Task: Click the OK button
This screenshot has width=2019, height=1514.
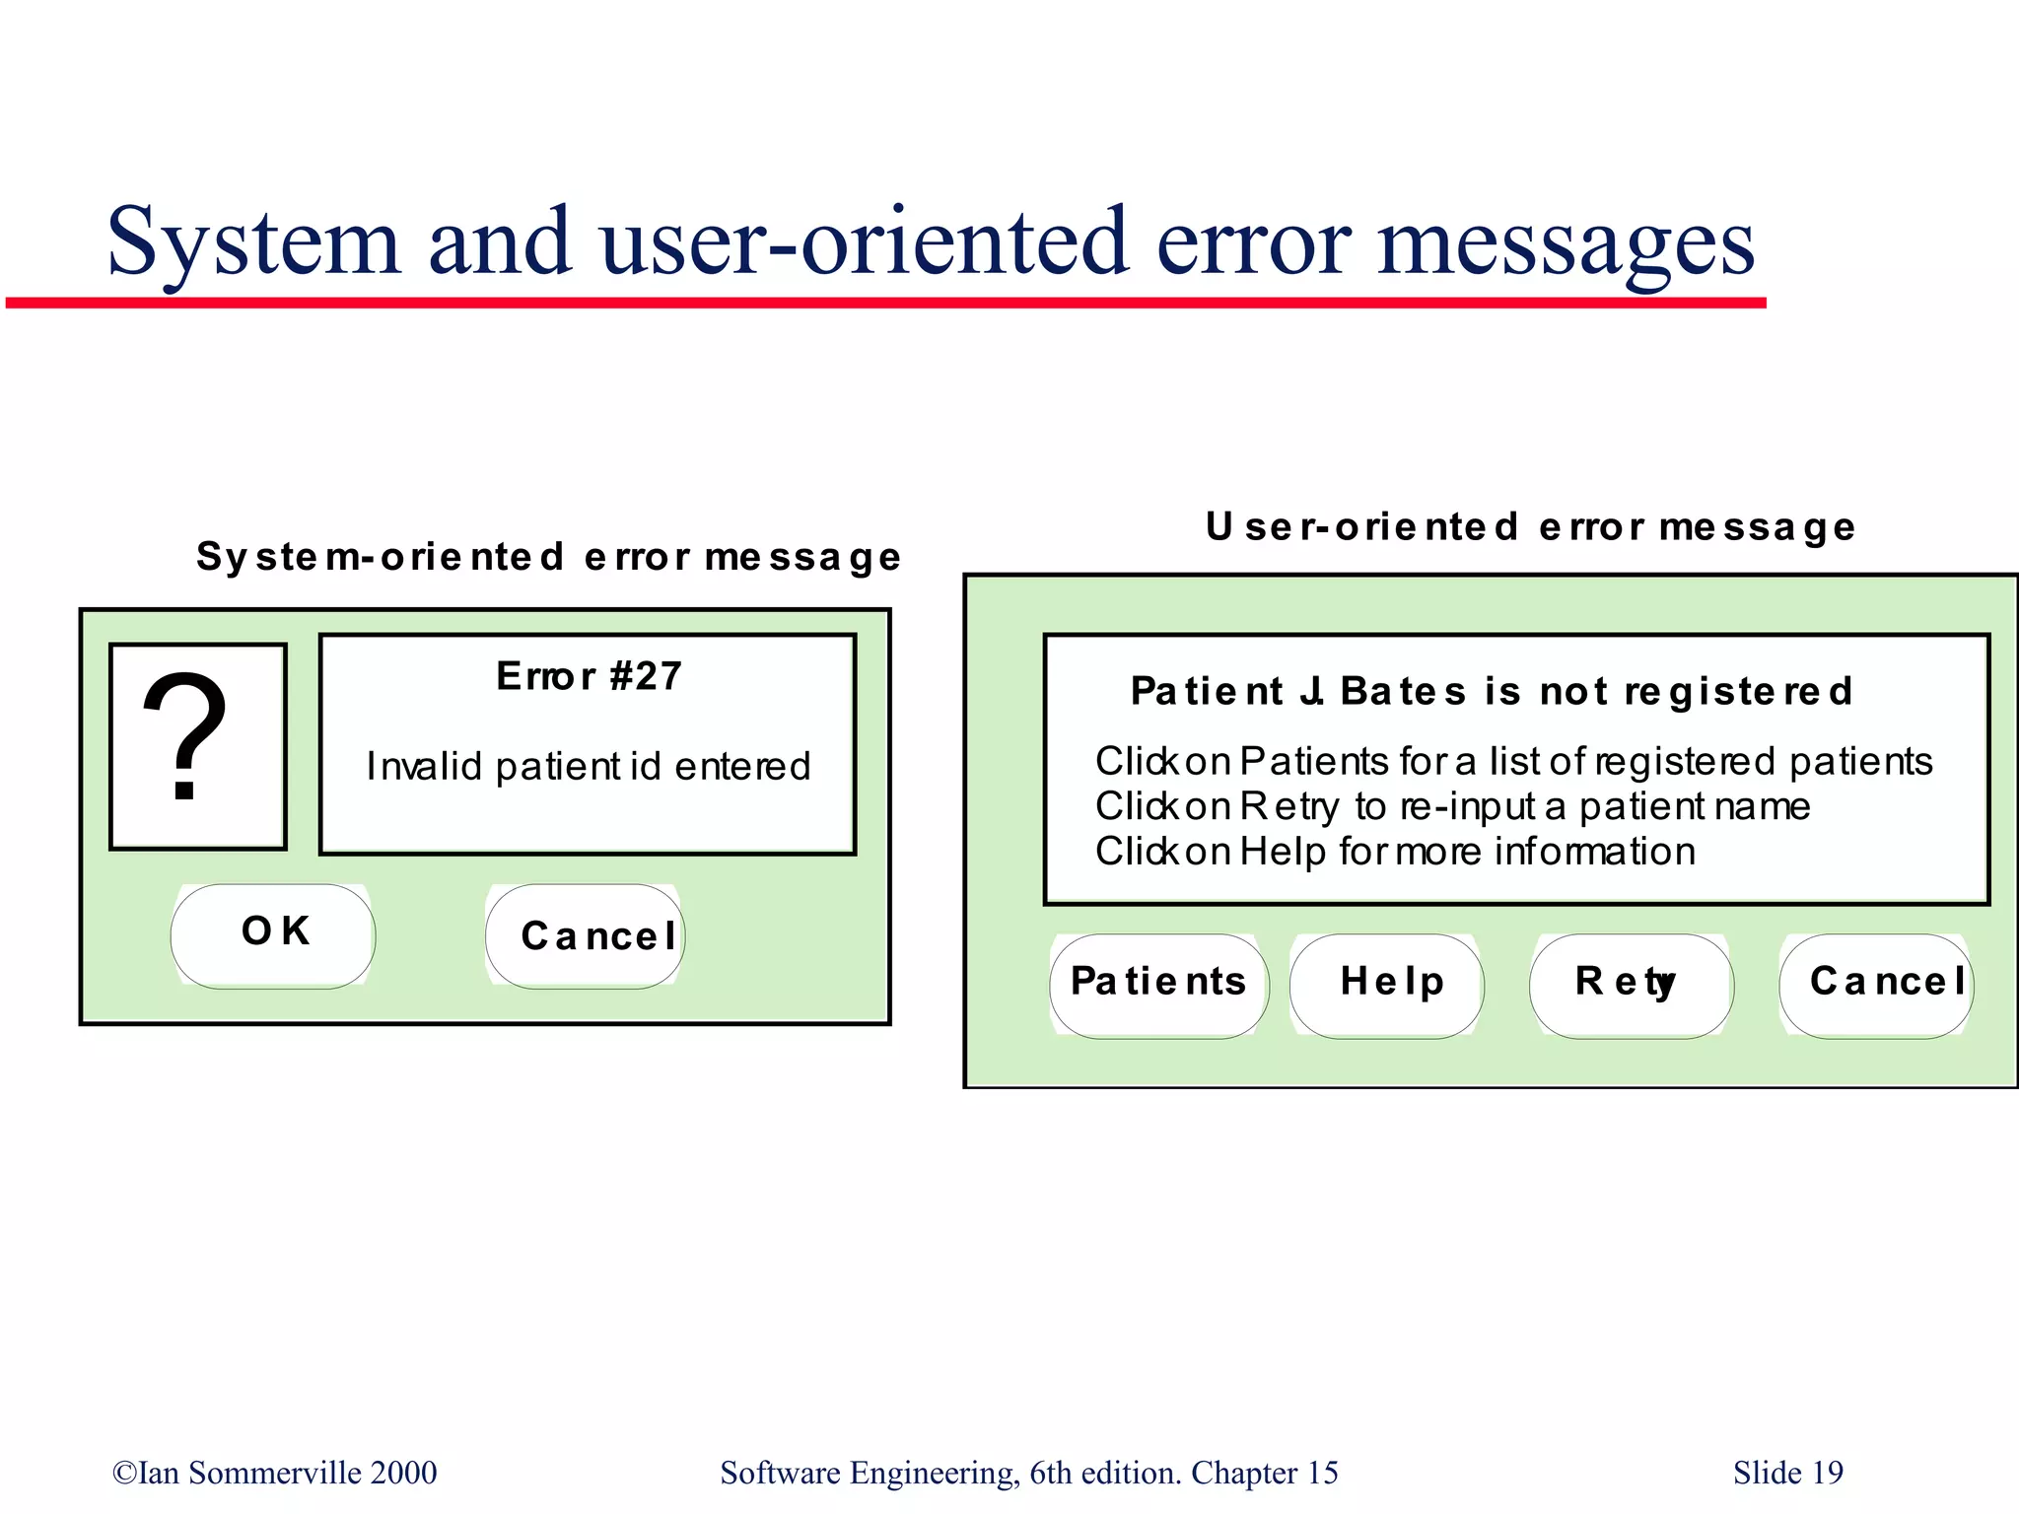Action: (x=273, y=934)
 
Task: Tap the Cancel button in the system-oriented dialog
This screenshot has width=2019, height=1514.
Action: (x=586, y=935)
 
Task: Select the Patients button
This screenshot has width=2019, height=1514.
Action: (x=1158, y=984)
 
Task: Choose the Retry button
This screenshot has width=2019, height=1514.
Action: (x=1631, y=984)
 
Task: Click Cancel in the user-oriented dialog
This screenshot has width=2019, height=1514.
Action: (x=1876, y=984)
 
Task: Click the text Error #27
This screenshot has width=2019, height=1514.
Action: (x=589, y=676)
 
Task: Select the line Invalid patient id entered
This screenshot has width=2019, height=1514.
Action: (x=589, y=766)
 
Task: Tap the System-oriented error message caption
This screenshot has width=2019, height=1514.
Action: (x=548, y=557)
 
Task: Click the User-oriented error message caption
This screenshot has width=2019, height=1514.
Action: (x=1530, y=527)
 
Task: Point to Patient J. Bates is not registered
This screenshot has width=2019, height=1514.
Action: (x=1491, y=691)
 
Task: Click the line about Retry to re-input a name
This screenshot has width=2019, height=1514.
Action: (x=1452, y=806)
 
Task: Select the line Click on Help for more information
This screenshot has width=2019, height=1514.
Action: (x=1395, y=852)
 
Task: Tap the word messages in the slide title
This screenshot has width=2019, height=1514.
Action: (x=1566, y=243)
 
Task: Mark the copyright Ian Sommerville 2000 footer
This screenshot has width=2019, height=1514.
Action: (x=274, y=1473)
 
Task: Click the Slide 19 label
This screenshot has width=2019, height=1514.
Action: (x=1787, y=1473)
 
